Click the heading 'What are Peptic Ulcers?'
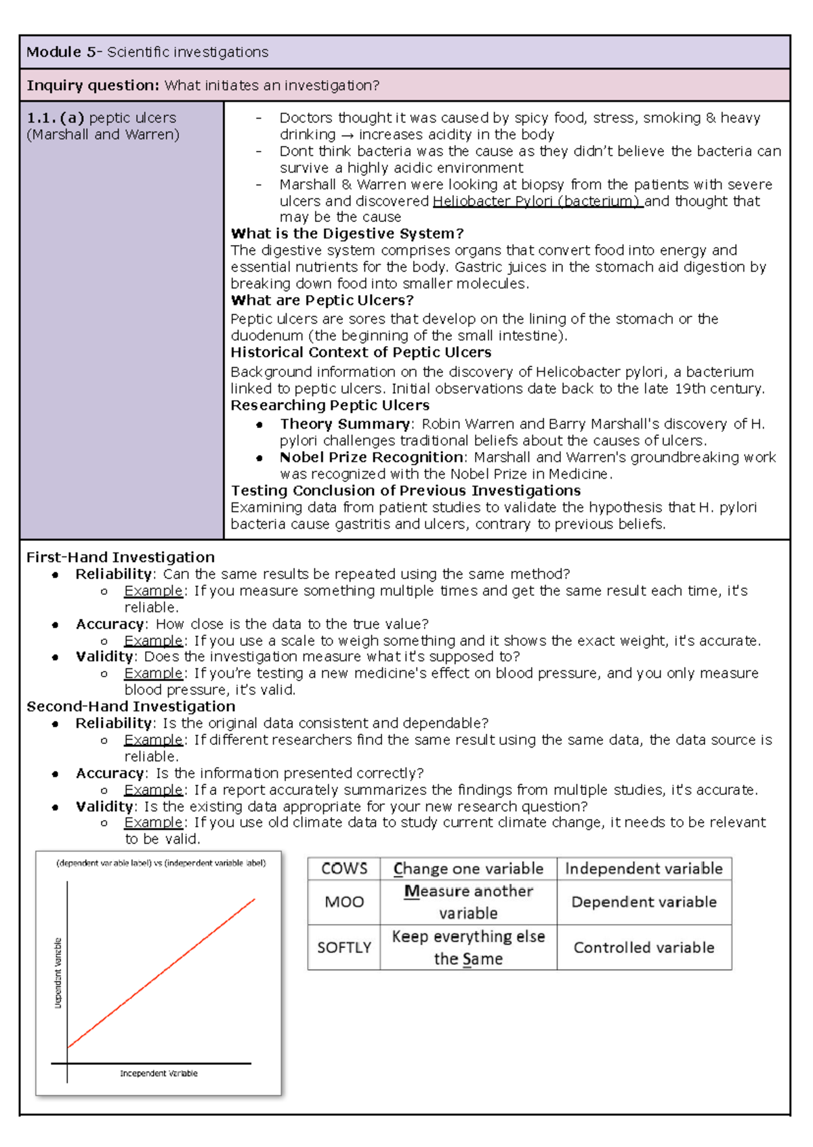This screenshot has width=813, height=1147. click(322, 300)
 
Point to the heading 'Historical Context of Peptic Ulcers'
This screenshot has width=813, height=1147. click(360, 352)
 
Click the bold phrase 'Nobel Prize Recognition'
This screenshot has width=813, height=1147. click(371, 457)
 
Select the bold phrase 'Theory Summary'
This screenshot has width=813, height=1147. click(345, 424)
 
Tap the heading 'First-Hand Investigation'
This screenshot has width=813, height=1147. click(121, 557)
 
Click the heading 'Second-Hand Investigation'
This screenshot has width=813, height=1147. click(131, 706)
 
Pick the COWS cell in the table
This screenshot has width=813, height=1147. click(344, 869)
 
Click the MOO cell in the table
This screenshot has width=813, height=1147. click(344, 902)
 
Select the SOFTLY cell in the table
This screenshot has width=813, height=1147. click(344, 947)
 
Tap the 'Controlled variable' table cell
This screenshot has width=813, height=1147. click(644, 947)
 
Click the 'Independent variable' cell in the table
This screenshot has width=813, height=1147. click(644, 869)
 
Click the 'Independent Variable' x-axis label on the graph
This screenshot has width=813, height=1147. click(159, 1073)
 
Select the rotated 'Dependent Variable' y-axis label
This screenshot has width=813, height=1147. click(58, 973)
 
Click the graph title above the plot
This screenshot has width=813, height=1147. click(161, 863)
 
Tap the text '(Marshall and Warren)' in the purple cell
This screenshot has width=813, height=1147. click(103, 134)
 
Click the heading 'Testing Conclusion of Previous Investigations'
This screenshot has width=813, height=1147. click(406, 490)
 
